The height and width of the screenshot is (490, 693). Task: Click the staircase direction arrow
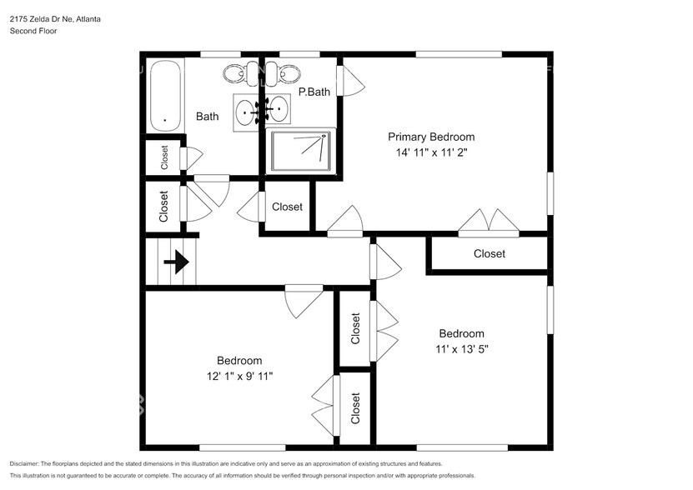point(175,262)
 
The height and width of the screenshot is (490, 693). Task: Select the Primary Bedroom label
point(431,137)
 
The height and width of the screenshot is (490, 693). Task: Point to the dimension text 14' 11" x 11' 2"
point(431,152)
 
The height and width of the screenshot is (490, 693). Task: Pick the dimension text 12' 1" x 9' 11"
point(239,376)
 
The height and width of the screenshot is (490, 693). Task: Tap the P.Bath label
point(314,92)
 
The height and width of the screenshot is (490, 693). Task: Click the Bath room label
point(207,117)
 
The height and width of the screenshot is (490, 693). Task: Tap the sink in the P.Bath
point(279,109)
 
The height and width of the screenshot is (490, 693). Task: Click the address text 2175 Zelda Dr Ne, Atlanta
point(55,18)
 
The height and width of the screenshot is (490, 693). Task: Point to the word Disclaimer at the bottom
point(27,463)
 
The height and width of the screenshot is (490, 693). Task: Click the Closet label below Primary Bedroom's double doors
point(489,253)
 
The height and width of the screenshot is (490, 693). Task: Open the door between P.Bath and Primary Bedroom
point(353,82)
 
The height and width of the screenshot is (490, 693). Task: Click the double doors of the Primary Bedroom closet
point(490,222)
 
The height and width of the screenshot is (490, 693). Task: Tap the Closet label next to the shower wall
point(287,207)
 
